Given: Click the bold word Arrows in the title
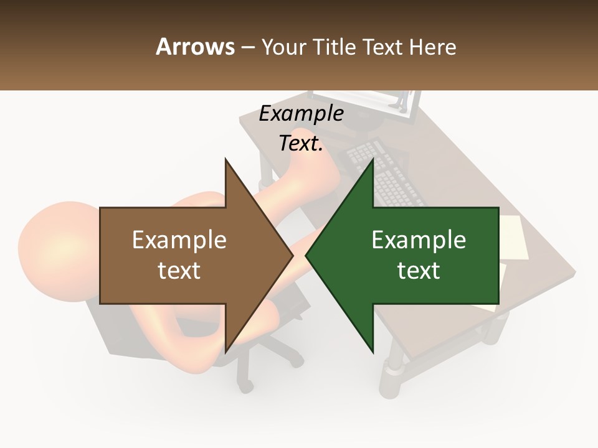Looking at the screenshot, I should pyautogui.click(x=195, y=47).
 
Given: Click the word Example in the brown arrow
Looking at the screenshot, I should pyautogui.click(x=179, y=240).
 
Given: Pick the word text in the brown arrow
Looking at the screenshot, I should pyautogui.click(x=179, y=271).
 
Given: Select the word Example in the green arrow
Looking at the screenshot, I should pyautogui.click(x=419, y=240).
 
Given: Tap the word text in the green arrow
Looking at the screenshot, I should pyautogui.click(x=419, y=271).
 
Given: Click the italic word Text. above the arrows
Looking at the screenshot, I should pyautogui.click(x=301, y=144).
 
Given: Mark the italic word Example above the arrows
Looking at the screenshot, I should pyautogui.click(x=301, y=114).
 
